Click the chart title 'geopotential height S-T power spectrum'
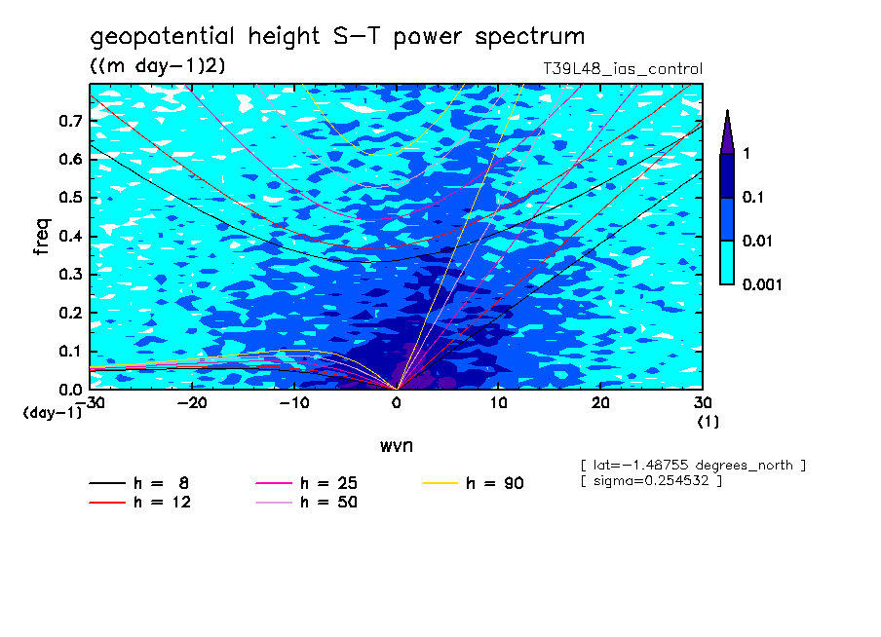click(x=337, y=37)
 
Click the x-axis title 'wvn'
click(x=396, y=445)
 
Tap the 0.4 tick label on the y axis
click(x=71, y=236)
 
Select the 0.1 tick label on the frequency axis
click(x=71, y=351)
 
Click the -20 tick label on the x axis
click(x=189, y=402)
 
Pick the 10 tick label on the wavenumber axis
click(x=498, y=402)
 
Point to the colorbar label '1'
click(x=746, y=154)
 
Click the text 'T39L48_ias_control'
click(x=622, y=69)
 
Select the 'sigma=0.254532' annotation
click(x=650, y=481)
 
